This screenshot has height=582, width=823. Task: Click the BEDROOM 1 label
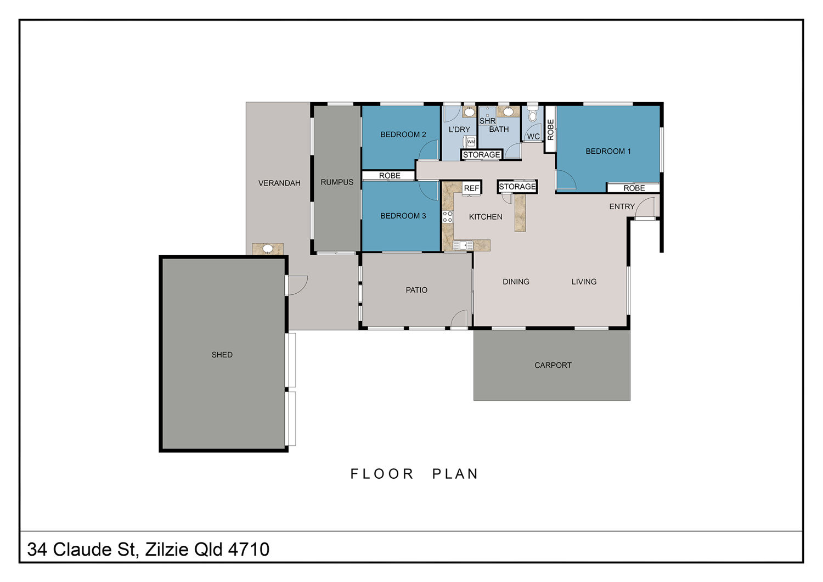tap(608, 151)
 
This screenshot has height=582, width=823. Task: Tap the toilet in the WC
tap(532, 114)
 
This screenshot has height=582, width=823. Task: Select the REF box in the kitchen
tap(471, 188)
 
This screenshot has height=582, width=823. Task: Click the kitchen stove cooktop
tap(448, 217)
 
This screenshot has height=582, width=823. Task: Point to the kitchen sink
tap(463, 245)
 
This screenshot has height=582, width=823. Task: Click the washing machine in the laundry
tap(471, 142)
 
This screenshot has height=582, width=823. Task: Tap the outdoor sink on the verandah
tap(268, 249)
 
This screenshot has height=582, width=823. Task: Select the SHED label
tap(222, 355)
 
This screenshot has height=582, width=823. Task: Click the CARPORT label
tap(553, 365)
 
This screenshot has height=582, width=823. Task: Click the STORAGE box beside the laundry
tap(481, 155)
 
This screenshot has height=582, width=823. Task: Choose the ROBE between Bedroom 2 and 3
tap(390, 176)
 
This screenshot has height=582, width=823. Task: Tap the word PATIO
tap(416, 290)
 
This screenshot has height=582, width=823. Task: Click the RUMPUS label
tap(337, 182)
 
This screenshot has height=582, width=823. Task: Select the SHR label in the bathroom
tap(488, 121)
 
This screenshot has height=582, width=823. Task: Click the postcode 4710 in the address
tap(249, 549)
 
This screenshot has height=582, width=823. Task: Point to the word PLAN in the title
tap(455, 474)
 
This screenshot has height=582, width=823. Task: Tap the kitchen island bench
tap(520, 213)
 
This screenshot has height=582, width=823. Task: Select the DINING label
tap(516, 282)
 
